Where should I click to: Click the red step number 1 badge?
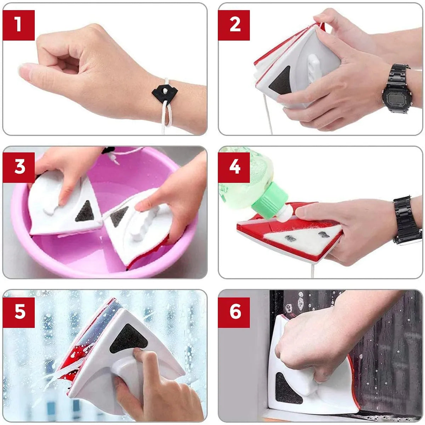(19, 25)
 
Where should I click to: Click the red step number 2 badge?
(234, 25)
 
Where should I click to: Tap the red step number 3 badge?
(19, 168)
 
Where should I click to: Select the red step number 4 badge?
(234, 168)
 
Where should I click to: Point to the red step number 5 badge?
(19, 312)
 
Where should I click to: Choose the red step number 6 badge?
(234, 312)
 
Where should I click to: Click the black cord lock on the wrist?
(164, 93)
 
